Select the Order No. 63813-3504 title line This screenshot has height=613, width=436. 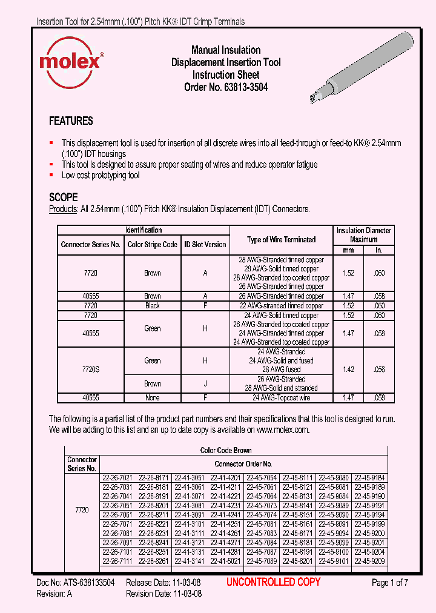[x=226, y=87]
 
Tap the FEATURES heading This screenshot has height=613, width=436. [x=71, y=121]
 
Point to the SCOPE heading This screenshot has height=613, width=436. [x=63, y=197]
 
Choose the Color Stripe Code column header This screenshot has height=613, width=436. [x=153, y=245]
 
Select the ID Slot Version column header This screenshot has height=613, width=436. [x=205, y=245]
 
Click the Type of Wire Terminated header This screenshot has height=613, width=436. [x=282, y=240]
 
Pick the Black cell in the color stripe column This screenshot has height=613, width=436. [x=153, y=306]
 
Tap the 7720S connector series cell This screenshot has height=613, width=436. [x=91, y=369]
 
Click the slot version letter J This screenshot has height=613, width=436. [x=205, y=383]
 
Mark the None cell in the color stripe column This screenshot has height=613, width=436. [x=153, y=398]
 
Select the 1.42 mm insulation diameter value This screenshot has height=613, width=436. [x=348, y=369]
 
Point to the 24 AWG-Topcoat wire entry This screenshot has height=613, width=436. [x=282, y=398]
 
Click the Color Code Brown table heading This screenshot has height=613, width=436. [x=226, y=450]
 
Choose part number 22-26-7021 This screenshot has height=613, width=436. [x=117, y=478]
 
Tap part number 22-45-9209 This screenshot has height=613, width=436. [x=369, y=561]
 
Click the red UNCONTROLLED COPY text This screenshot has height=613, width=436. [x=273, y=582]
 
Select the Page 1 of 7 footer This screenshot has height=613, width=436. [x=390, y=583]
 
